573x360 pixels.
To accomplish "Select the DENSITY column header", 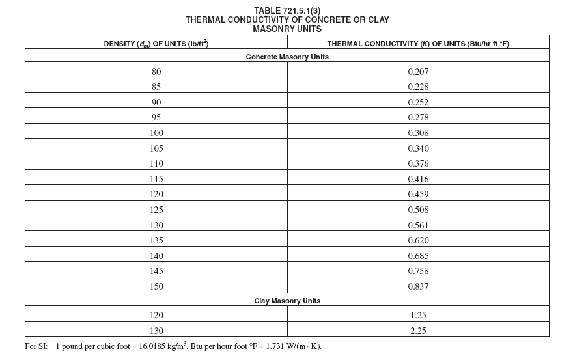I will pos(156,44).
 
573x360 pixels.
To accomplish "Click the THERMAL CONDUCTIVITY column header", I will pos(417,44).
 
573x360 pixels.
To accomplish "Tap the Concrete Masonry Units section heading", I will pos(287,57).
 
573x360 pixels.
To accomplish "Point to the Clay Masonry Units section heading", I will pos(287,301).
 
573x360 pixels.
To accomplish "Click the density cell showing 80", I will pos(156,72).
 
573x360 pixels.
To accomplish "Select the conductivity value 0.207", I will pos(418,72).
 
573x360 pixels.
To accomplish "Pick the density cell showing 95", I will pos(156,117).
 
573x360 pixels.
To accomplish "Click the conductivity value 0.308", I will pos(418,133).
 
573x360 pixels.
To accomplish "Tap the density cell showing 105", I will pos(156,148).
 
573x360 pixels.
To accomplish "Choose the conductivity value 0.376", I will pos(418,163).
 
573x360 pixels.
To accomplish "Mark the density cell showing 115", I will pos(156,179).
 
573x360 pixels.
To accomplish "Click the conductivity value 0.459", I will pos(418,194).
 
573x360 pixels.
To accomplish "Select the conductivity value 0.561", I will pos(418,225).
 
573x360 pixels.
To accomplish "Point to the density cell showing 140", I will pos(156,256).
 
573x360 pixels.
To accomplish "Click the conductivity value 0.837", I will pos(418,286).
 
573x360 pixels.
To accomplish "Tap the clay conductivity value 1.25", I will pos(418,315).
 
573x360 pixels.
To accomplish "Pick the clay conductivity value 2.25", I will pos(418,331).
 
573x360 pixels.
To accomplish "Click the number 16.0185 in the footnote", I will pos(154,346).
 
